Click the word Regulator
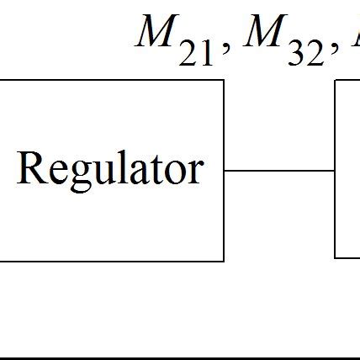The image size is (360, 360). (x=109, y=169)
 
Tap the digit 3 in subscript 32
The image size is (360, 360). (x=294, y=55)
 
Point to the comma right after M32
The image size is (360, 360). (x=330, y=50)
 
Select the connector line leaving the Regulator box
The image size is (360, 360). (x=279, y=170)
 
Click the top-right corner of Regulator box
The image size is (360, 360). (x=224, y=81)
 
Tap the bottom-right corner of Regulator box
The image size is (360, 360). (x=224, y=261)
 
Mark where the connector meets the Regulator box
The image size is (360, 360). (x=225, y=170)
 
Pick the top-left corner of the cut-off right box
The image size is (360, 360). (x=335, y=81)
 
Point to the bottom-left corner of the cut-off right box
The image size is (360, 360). (x=335, y=257)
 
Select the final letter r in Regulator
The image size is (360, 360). (x=198, y=172)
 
